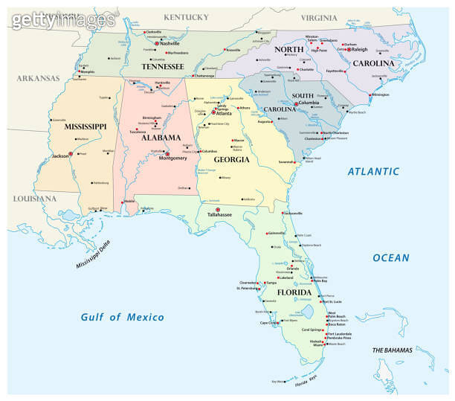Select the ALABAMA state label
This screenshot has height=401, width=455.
point(161,138)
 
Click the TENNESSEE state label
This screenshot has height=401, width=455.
point(162,66)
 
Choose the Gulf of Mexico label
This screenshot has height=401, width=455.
point(122,317)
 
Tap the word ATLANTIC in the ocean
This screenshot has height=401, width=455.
point(374,172)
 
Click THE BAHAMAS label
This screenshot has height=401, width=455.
point(393,350)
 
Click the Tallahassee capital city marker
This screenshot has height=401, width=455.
point(217,210)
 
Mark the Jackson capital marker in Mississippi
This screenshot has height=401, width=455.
point(71,153)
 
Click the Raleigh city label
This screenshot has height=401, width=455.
point(361,49)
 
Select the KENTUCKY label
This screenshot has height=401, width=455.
point(186,16)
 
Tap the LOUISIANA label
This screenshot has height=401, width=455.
point(34,199)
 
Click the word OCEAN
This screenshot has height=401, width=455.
point(390,258)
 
